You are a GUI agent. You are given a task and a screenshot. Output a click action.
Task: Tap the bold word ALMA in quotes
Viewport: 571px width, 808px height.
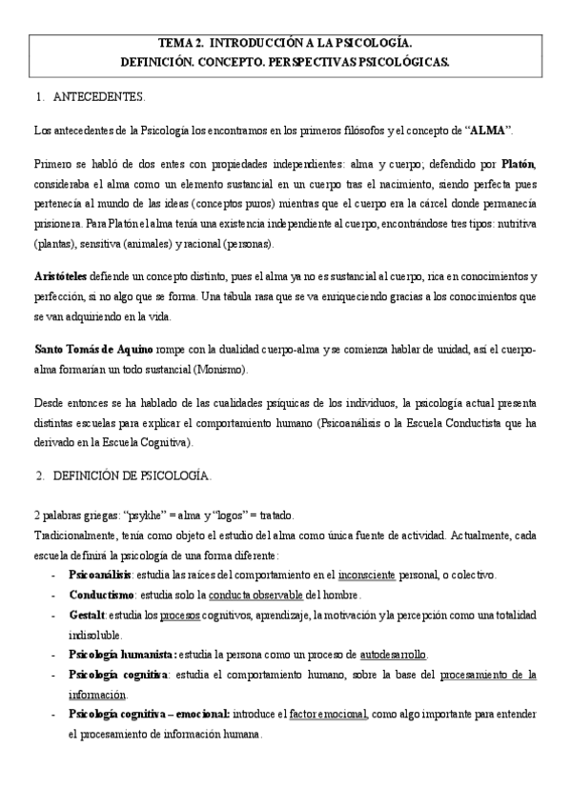[x=485, y=129]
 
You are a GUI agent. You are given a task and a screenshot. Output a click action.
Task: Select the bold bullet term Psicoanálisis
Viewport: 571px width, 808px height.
[x=99, y=575]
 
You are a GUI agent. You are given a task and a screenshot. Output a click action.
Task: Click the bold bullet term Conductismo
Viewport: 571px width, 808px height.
[x=100, y=595]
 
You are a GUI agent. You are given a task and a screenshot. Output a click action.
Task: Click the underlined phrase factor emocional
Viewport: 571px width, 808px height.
[x=329, y=714]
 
